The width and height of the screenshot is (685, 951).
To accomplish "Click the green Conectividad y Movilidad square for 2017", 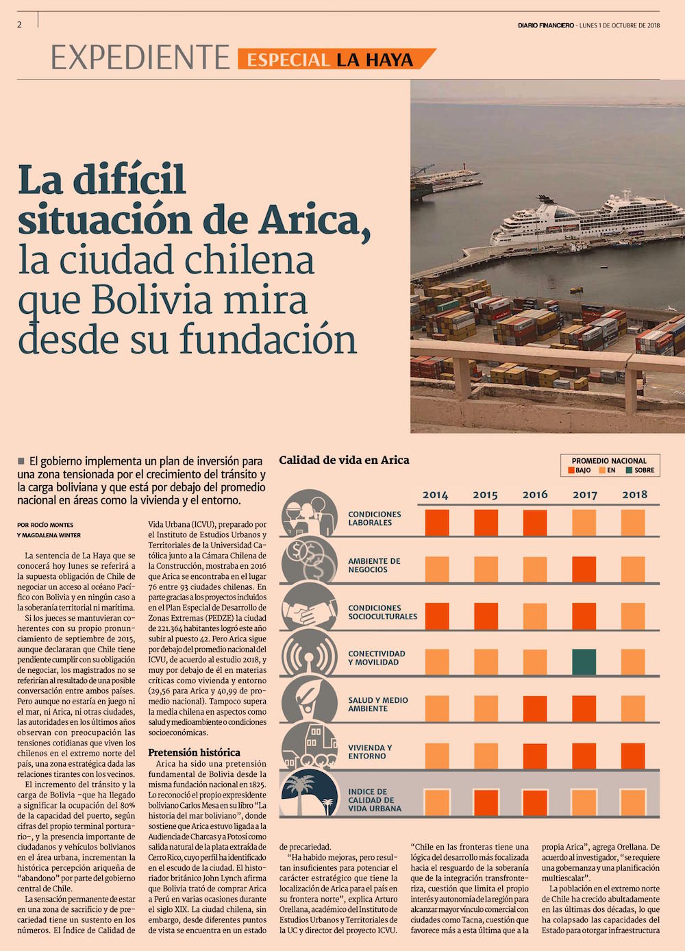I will pos(584,662).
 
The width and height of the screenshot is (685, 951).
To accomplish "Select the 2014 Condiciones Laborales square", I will pos(437,522).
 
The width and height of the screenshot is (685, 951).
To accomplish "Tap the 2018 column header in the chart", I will pos(634,495).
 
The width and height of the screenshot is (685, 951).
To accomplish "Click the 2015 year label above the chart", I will pos(485,495).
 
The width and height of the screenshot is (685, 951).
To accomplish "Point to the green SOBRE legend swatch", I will pos(629,471).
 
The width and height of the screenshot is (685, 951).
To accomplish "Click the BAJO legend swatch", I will pos(571,471).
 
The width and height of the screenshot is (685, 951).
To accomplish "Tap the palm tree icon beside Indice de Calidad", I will pos(309,795).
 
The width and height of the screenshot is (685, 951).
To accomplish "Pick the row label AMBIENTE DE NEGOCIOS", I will pos(374,565).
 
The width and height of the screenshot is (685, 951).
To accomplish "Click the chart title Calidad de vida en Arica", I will pos(344,460).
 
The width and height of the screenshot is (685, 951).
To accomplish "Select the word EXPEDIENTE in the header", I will pos(140,58).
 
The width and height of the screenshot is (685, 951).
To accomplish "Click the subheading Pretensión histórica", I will pos(194,752).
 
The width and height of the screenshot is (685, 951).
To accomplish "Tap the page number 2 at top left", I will pos(20,25).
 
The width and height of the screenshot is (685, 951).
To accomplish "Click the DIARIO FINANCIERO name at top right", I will pos(545,26).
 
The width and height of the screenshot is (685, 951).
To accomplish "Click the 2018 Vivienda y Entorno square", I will pos(634,756).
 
